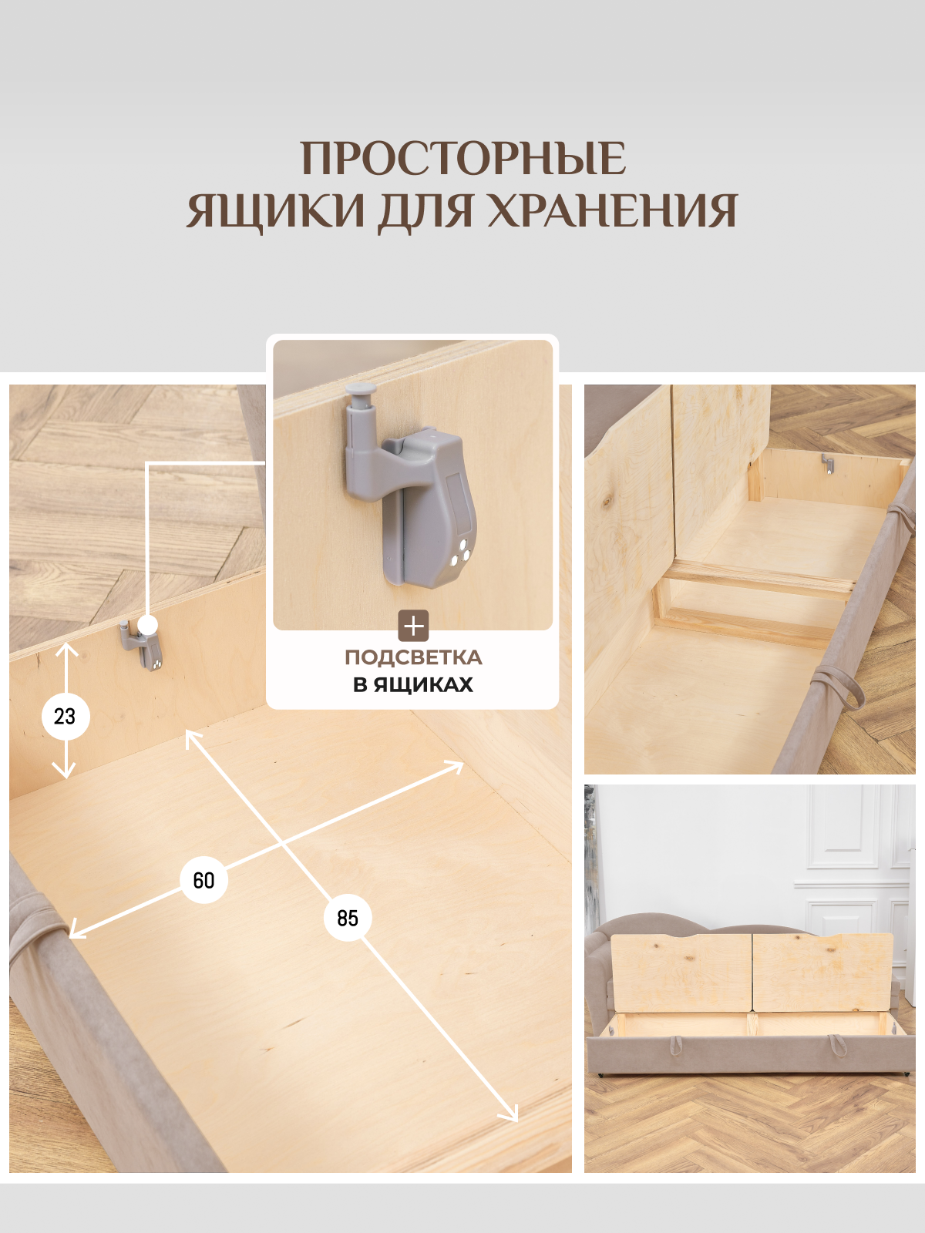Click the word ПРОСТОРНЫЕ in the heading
pyautogui.click(x=462, y=159)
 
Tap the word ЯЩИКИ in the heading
pyautogui.click(x=276, y=210)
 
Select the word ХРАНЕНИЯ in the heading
pyautogui.click(x=613, y=210)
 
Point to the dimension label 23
pyautogui.click(x=66, y=717)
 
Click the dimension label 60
pyautogui.click(x=203, y=880)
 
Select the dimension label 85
pyautogui.click(x=348, y=918)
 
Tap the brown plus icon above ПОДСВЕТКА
pyautogui.click(x=413, y=626)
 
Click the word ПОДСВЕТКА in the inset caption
pyautogui.click(x=413, y=657)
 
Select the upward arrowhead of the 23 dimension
pyautogui.click(x=67, y=650)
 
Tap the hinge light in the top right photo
pyautogui.click(x=827, y=464)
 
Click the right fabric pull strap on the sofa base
pyautogui.click(x=837, y=1045)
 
